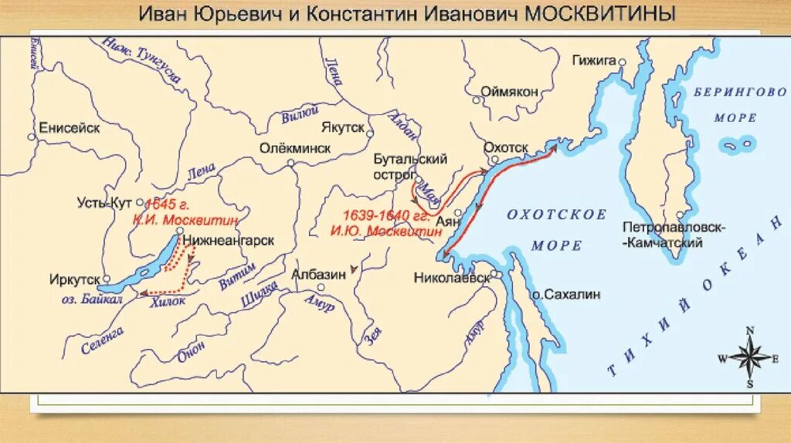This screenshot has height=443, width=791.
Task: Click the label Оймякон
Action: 509,91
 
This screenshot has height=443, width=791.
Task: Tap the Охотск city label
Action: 505,147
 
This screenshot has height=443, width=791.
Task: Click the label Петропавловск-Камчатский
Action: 664,235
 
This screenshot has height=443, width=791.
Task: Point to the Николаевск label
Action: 452,277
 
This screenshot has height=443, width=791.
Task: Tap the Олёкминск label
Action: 294,147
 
